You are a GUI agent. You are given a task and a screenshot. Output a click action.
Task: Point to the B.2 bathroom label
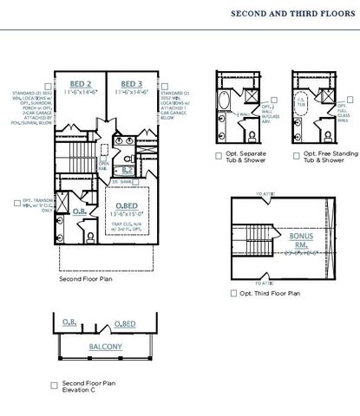coord(127,170)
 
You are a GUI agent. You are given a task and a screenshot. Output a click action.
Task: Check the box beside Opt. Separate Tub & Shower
coord(219,156)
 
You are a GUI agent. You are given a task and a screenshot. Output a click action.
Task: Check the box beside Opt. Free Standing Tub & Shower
coord(296,156)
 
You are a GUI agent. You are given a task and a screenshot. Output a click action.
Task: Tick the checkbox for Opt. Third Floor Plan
coord(233,294)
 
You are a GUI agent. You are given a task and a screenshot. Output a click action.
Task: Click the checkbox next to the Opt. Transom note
coord(16,202)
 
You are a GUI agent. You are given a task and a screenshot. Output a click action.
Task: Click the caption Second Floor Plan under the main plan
coord(85,279)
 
